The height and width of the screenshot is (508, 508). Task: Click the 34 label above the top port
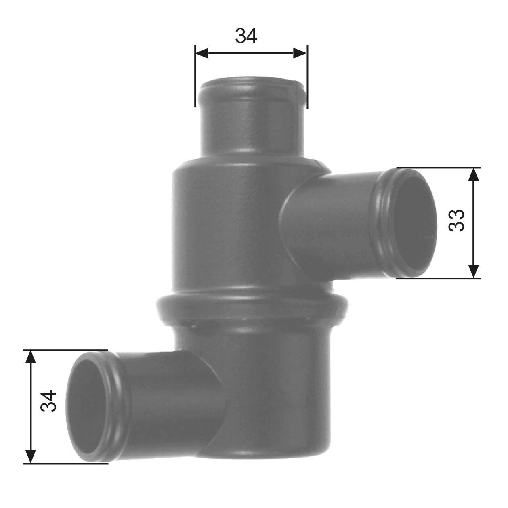coord(246,36)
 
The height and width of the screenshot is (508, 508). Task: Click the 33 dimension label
coord(457,220)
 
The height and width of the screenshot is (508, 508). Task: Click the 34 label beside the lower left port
coord(48,401)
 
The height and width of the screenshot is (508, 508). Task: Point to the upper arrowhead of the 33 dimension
coord(474,174)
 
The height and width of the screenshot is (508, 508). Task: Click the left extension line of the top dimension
coord(195,81)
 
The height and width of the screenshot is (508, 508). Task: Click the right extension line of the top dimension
coord(307,81)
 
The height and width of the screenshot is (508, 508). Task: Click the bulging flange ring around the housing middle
coord(250,307)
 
